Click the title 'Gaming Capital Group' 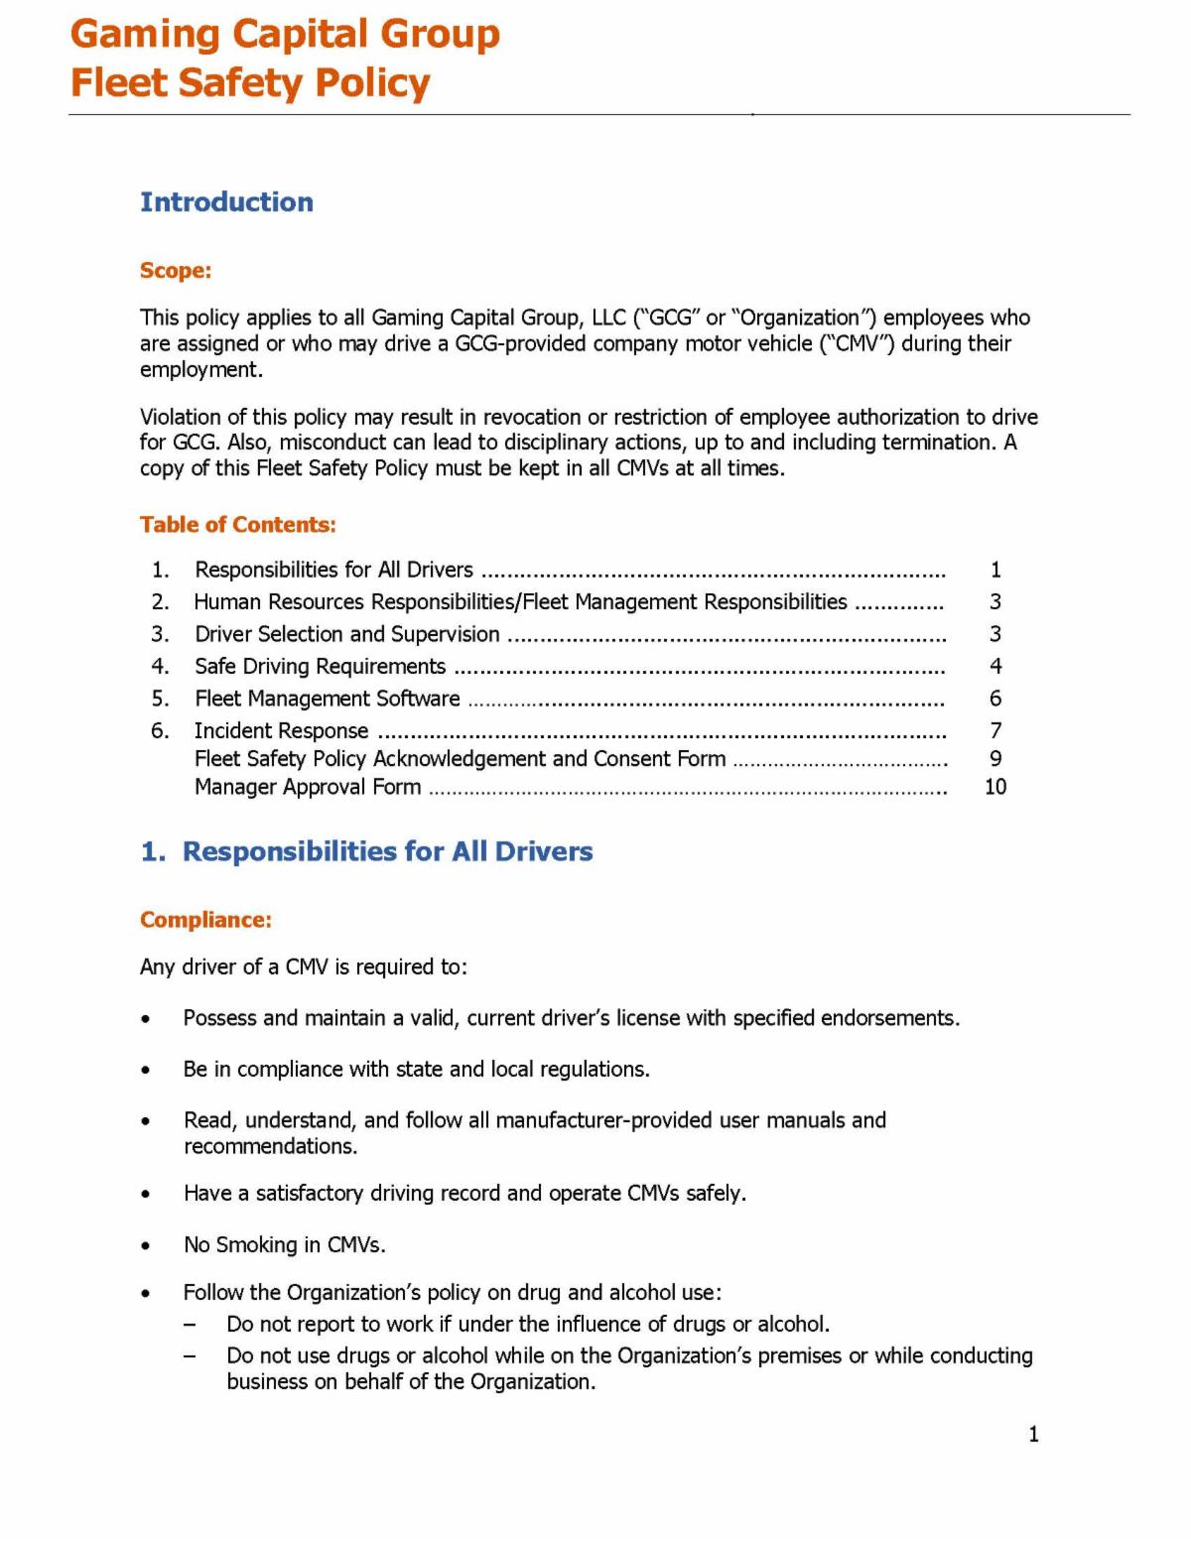tap(285, 34)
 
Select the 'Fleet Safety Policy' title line tap(250, 83)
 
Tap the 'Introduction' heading tap(226, 202)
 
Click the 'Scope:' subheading tap(176, 271)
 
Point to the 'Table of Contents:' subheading tap(238, 525)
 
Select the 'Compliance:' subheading tap(205, 920)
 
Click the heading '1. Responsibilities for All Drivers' tap(367, 851)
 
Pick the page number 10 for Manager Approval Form tap(994, 787)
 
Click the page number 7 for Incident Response tap(995, 731)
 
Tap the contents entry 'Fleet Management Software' tap(327, 699)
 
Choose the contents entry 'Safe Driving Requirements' tap(320, 667)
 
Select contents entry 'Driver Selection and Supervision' tap(346, 634)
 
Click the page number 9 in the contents tap(995, 759)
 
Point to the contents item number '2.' tap(160, 602)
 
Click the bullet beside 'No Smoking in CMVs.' tap(147, 1245)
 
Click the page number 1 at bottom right tap(1033, 1434)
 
